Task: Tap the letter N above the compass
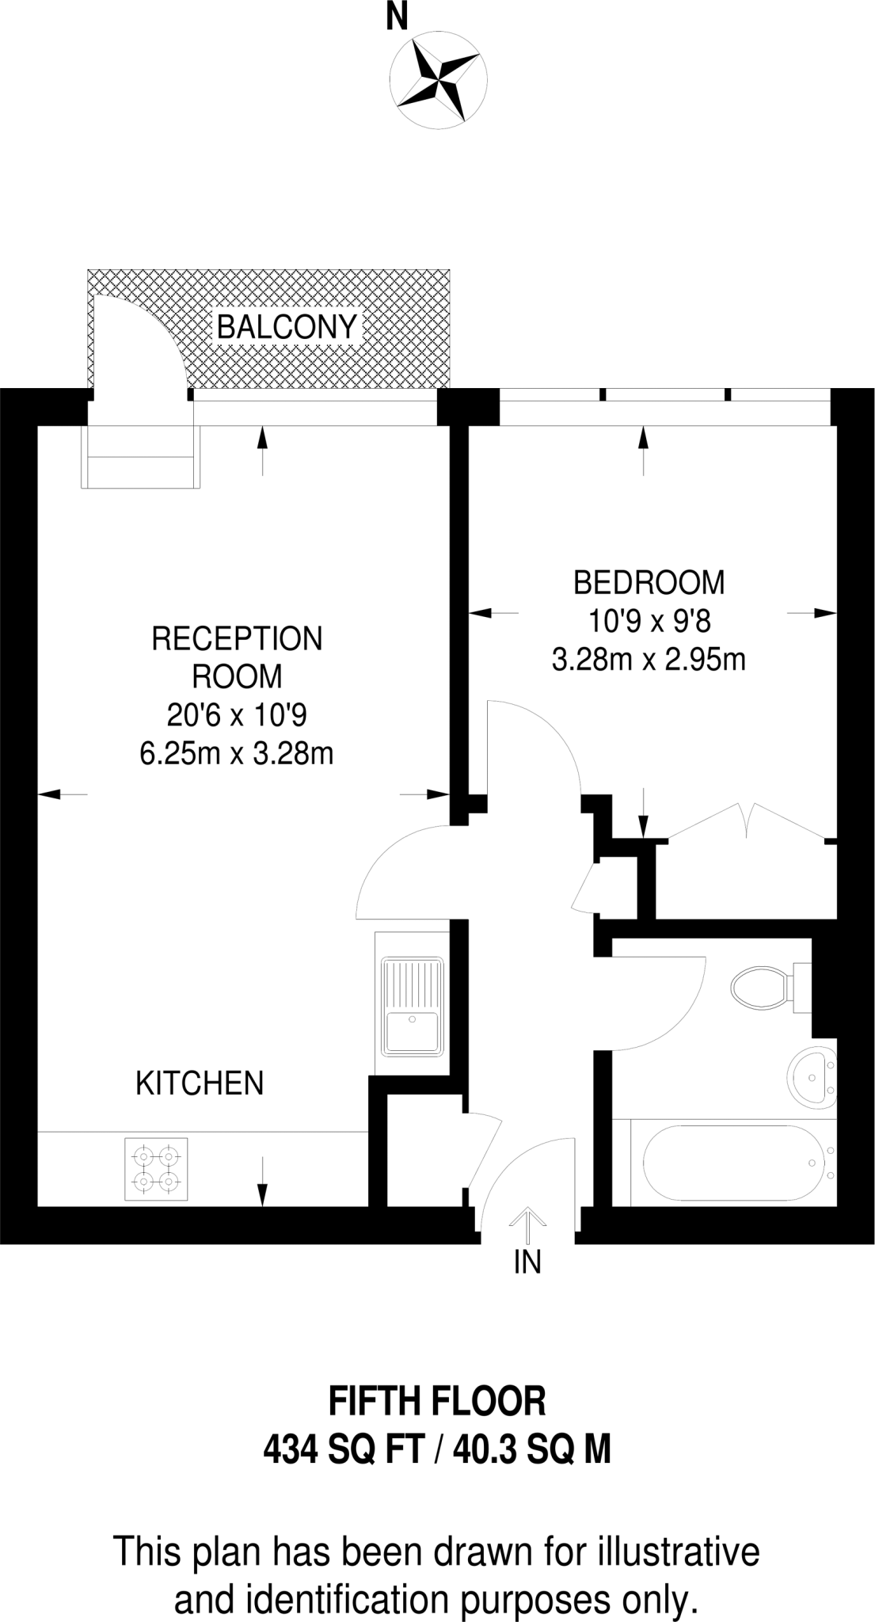397,18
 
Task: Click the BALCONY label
287,326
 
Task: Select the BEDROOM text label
649,583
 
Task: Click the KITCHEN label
200,1083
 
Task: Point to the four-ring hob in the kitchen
156,1169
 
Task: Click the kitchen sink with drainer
412,1006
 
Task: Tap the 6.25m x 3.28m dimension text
236,754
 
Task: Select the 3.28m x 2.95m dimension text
649,660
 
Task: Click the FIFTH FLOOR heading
437,1402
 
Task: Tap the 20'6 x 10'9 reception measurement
236,716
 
